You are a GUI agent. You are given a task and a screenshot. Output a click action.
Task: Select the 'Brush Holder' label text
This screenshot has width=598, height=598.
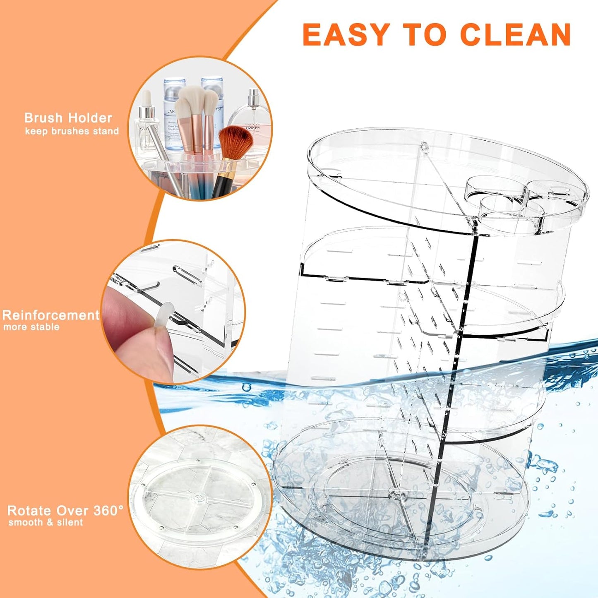click(68, 118)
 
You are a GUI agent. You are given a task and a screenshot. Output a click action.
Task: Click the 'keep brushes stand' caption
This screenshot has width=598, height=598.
click(72, 131)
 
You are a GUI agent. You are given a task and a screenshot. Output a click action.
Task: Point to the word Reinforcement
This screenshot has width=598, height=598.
click(50, 315)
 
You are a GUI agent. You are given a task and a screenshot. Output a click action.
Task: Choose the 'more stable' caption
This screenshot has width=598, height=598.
click(31, 327)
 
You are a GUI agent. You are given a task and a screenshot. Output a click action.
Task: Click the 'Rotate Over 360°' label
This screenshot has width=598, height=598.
click(65, 511)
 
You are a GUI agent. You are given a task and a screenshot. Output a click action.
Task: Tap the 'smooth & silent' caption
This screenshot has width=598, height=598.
click(46, 522)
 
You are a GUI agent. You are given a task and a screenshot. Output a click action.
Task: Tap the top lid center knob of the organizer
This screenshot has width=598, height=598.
click(424, 146)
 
